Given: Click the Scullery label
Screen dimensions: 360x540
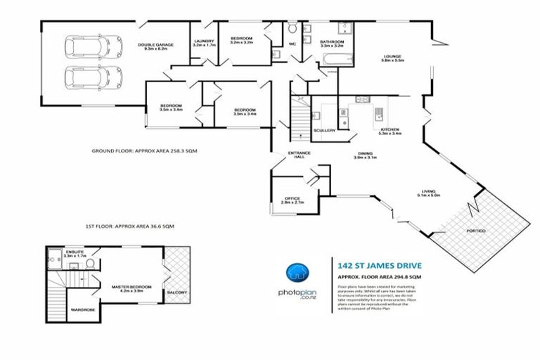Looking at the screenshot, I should coord(323,130).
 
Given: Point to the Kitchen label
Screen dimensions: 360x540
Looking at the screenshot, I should coord(390,131).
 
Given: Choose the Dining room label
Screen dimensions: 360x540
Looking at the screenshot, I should coord(364,155).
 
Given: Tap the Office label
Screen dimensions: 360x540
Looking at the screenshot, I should coord(292,200).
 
